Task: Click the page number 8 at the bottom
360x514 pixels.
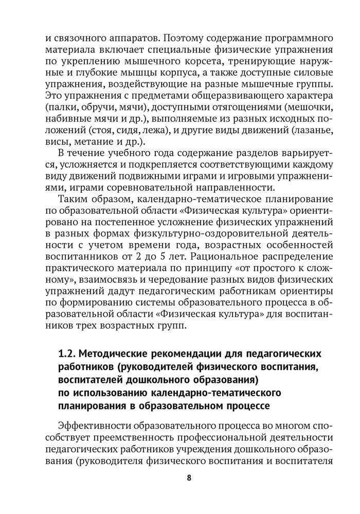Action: [189, 478]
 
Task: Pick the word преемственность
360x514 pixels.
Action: [109, 438]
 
